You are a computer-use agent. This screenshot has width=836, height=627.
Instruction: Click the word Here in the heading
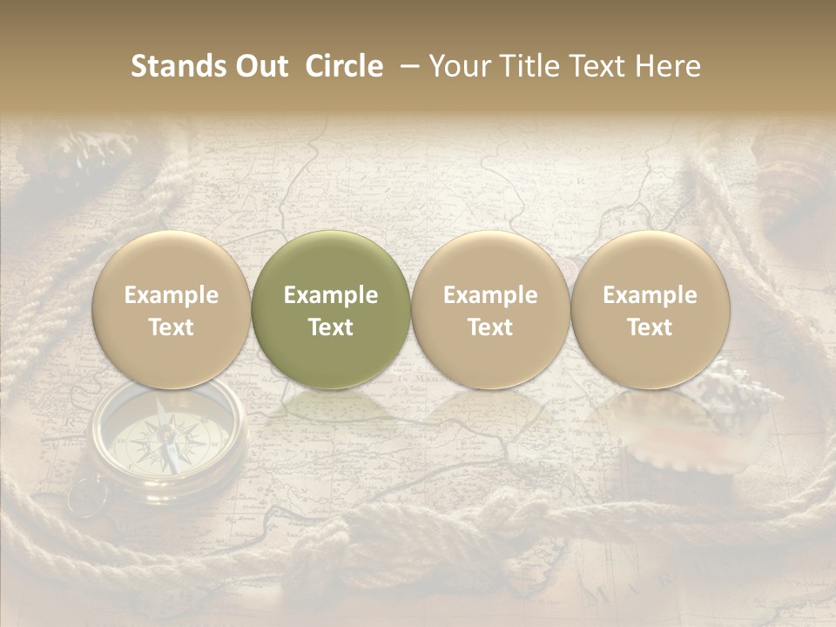pyautogui.click(x=669, y=66)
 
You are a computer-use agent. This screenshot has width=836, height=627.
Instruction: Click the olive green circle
pyautogui.click(x=331, y=310)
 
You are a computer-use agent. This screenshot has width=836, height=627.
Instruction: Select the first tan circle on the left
pyautogui.click(x=172, y=310)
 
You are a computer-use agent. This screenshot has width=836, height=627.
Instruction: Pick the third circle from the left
pyautogui.click(x=490, y=310)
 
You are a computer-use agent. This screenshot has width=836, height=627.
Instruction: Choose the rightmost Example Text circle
pyautogui.click(x=650, y=310)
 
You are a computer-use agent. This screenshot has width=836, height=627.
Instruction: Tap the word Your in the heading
pyautogui.click(x=456, y=66)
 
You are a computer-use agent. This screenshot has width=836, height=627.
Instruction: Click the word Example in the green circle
pyautogui.click(x=331, y=295)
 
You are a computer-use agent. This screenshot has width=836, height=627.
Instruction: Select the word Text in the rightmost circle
pyautogui.click(x=650, y=327)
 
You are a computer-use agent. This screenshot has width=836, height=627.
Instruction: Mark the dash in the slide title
pyautogui.click(x=406, y=66)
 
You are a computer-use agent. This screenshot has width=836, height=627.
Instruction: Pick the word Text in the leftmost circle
pyautogui.click(x=172, y=327)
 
